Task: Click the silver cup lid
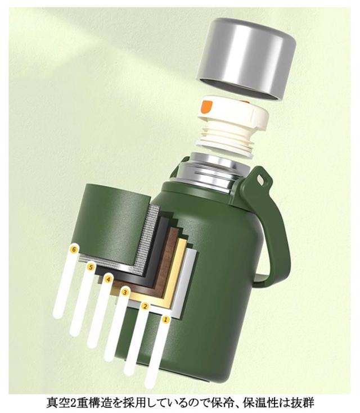pos(246,58)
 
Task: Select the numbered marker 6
pos(74,248)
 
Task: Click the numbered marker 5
pos(91,267)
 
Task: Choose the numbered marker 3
pos(125,292)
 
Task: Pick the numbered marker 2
pos(145,306)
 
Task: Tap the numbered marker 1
pos(165,320)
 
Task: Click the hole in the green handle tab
pos(260,180)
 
